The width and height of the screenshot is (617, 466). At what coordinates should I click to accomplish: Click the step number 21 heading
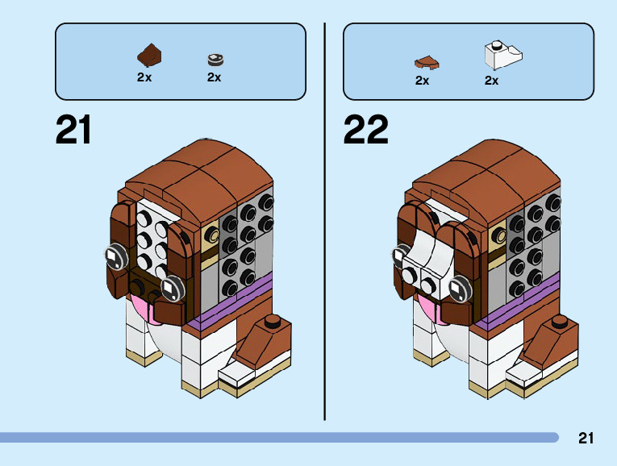click(73, 130)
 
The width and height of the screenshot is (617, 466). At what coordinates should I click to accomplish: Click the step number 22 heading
click(365, 130)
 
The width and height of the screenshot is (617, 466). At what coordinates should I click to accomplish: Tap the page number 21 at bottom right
click(586, 439)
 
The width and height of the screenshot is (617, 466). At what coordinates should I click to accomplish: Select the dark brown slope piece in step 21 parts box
click(149, 56)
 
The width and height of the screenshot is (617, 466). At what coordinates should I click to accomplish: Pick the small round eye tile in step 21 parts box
click(215, 58)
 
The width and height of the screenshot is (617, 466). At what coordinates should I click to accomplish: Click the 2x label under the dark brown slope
click(144, 78)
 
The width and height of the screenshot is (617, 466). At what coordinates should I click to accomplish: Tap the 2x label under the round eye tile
click(214, 78)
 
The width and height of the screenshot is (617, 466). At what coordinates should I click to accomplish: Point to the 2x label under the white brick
click(491, 81)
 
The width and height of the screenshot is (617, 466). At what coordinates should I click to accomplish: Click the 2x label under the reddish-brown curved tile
click(422, 81)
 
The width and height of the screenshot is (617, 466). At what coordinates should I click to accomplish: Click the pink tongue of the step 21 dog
click(138, 308)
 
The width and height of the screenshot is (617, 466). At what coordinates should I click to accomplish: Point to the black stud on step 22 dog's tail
click(561, 323)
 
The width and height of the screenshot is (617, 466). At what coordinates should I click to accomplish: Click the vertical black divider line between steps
click(324, 218)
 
